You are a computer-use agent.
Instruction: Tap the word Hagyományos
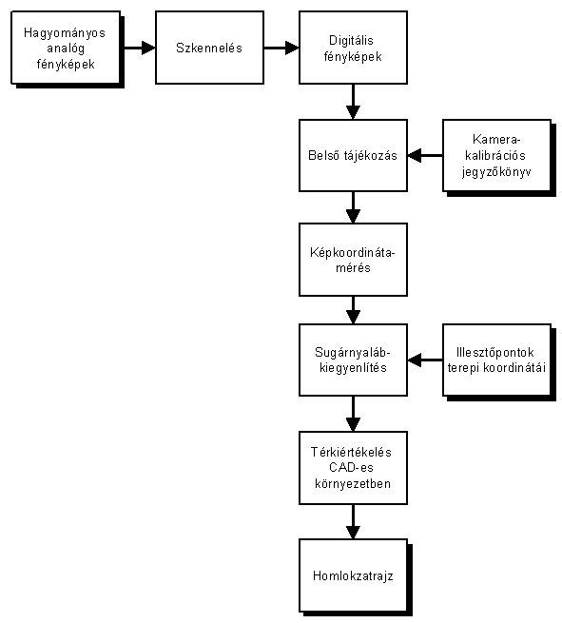(x=65, y=33)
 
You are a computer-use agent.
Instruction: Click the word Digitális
(x=351, y=41)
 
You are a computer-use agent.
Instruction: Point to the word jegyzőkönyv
(x=496, y=172)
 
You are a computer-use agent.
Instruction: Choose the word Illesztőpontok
(x=494, y=353)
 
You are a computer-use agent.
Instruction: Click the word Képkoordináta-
(x=353, y=253)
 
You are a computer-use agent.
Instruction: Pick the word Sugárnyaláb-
(x=353, y=353)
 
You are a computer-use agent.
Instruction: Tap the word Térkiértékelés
(x=351, y=452)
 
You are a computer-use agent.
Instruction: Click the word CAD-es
(x=351, y=468)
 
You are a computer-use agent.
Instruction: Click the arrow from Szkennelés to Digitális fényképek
(x=281, y=48)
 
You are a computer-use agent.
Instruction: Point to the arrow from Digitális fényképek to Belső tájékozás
(x=353, y=102)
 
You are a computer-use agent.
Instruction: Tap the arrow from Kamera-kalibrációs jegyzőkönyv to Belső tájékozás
(x=425, y=155)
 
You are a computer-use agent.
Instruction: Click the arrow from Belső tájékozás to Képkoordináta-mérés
(x=353, y=207)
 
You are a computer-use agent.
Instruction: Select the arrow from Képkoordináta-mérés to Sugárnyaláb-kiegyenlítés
(x=353, y=310)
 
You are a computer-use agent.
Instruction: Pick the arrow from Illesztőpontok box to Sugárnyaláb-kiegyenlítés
(x=425, y=360)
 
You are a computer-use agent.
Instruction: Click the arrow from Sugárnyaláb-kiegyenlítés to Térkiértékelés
(x=353, y=414)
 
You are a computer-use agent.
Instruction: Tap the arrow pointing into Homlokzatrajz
(x=353, y=521)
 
